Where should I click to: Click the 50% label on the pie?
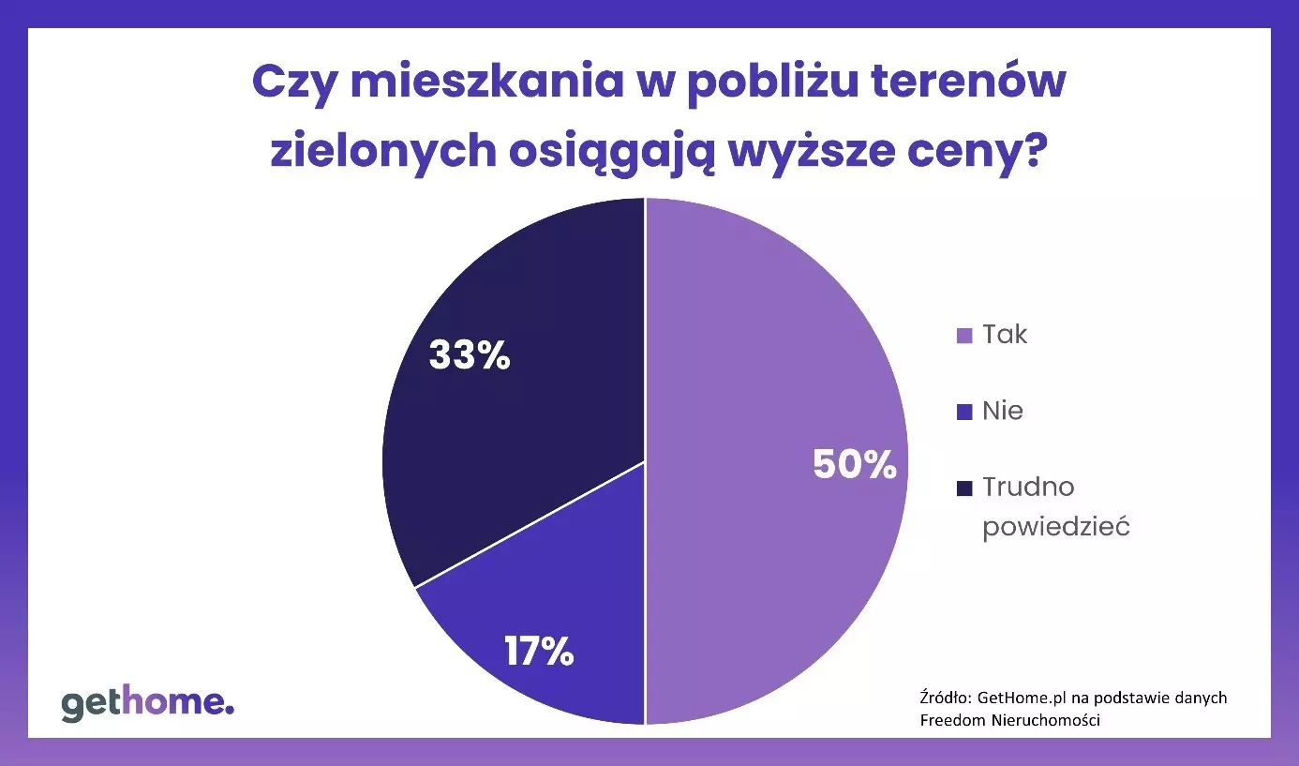click(x=854, y=465)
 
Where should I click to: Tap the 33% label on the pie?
click(x=469, y=355)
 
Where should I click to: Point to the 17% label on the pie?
click(x=538, y=652)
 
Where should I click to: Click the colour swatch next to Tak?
click(x=964, y=336)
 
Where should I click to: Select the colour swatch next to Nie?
click(x=964, y=412)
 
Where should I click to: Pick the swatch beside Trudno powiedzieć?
click(x=964, y=488)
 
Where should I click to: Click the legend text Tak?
click(x=1005, y=335)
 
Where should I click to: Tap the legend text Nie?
click(x=1003, y=411)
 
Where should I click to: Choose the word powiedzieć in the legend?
click(x=1055, y=526)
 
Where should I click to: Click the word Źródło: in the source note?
click(x=944, y=698)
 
